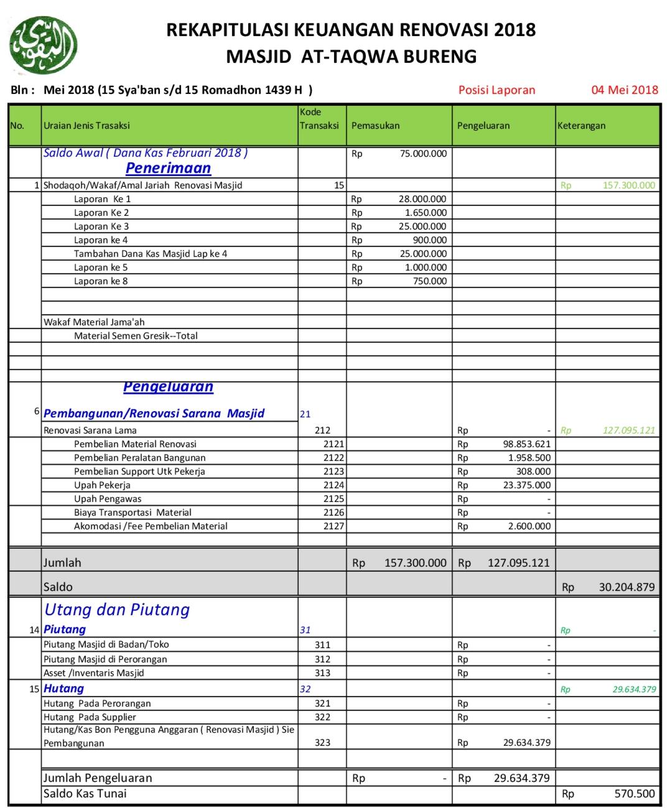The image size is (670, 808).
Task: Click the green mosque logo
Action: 43,45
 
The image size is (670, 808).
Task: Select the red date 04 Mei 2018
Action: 624,90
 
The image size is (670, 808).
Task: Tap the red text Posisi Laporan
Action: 496,90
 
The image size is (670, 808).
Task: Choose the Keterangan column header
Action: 581,126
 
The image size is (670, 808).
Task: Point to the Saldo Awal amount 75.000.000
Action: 423,154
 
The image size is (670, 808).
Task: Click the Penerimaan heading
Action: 168,168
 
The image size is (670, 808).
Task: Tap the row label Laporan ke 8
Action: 101,281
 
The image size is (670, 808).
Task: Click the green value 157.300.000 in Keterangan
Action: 628,185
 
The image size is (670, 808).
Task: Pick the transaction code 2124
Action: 333,485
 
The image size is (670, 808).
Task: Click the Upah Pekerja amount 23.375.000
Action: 526,485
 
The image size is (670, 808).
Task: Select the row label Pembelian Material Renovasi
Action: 135,444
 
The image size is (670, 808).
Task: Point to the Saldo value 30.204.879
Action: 626,587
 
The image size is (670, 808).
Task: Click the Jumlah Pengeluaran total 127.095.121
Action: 518,563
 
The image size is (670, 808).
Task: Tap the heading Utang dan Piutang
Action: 117,610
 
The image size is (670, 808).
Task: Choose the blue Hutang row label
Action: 63,689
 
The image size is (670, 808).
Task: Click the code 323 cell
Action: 322,743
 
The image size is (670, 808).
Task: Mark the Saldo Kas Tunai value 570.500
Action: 635,794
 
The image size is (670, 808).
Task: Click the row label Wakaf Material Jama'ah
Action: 94,322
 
